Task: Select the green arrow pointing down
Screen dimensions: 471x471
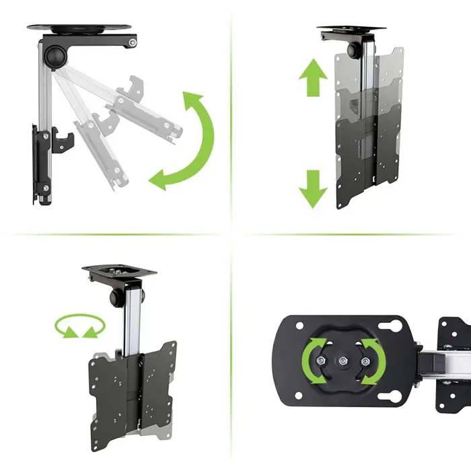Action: coord(312,188)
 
